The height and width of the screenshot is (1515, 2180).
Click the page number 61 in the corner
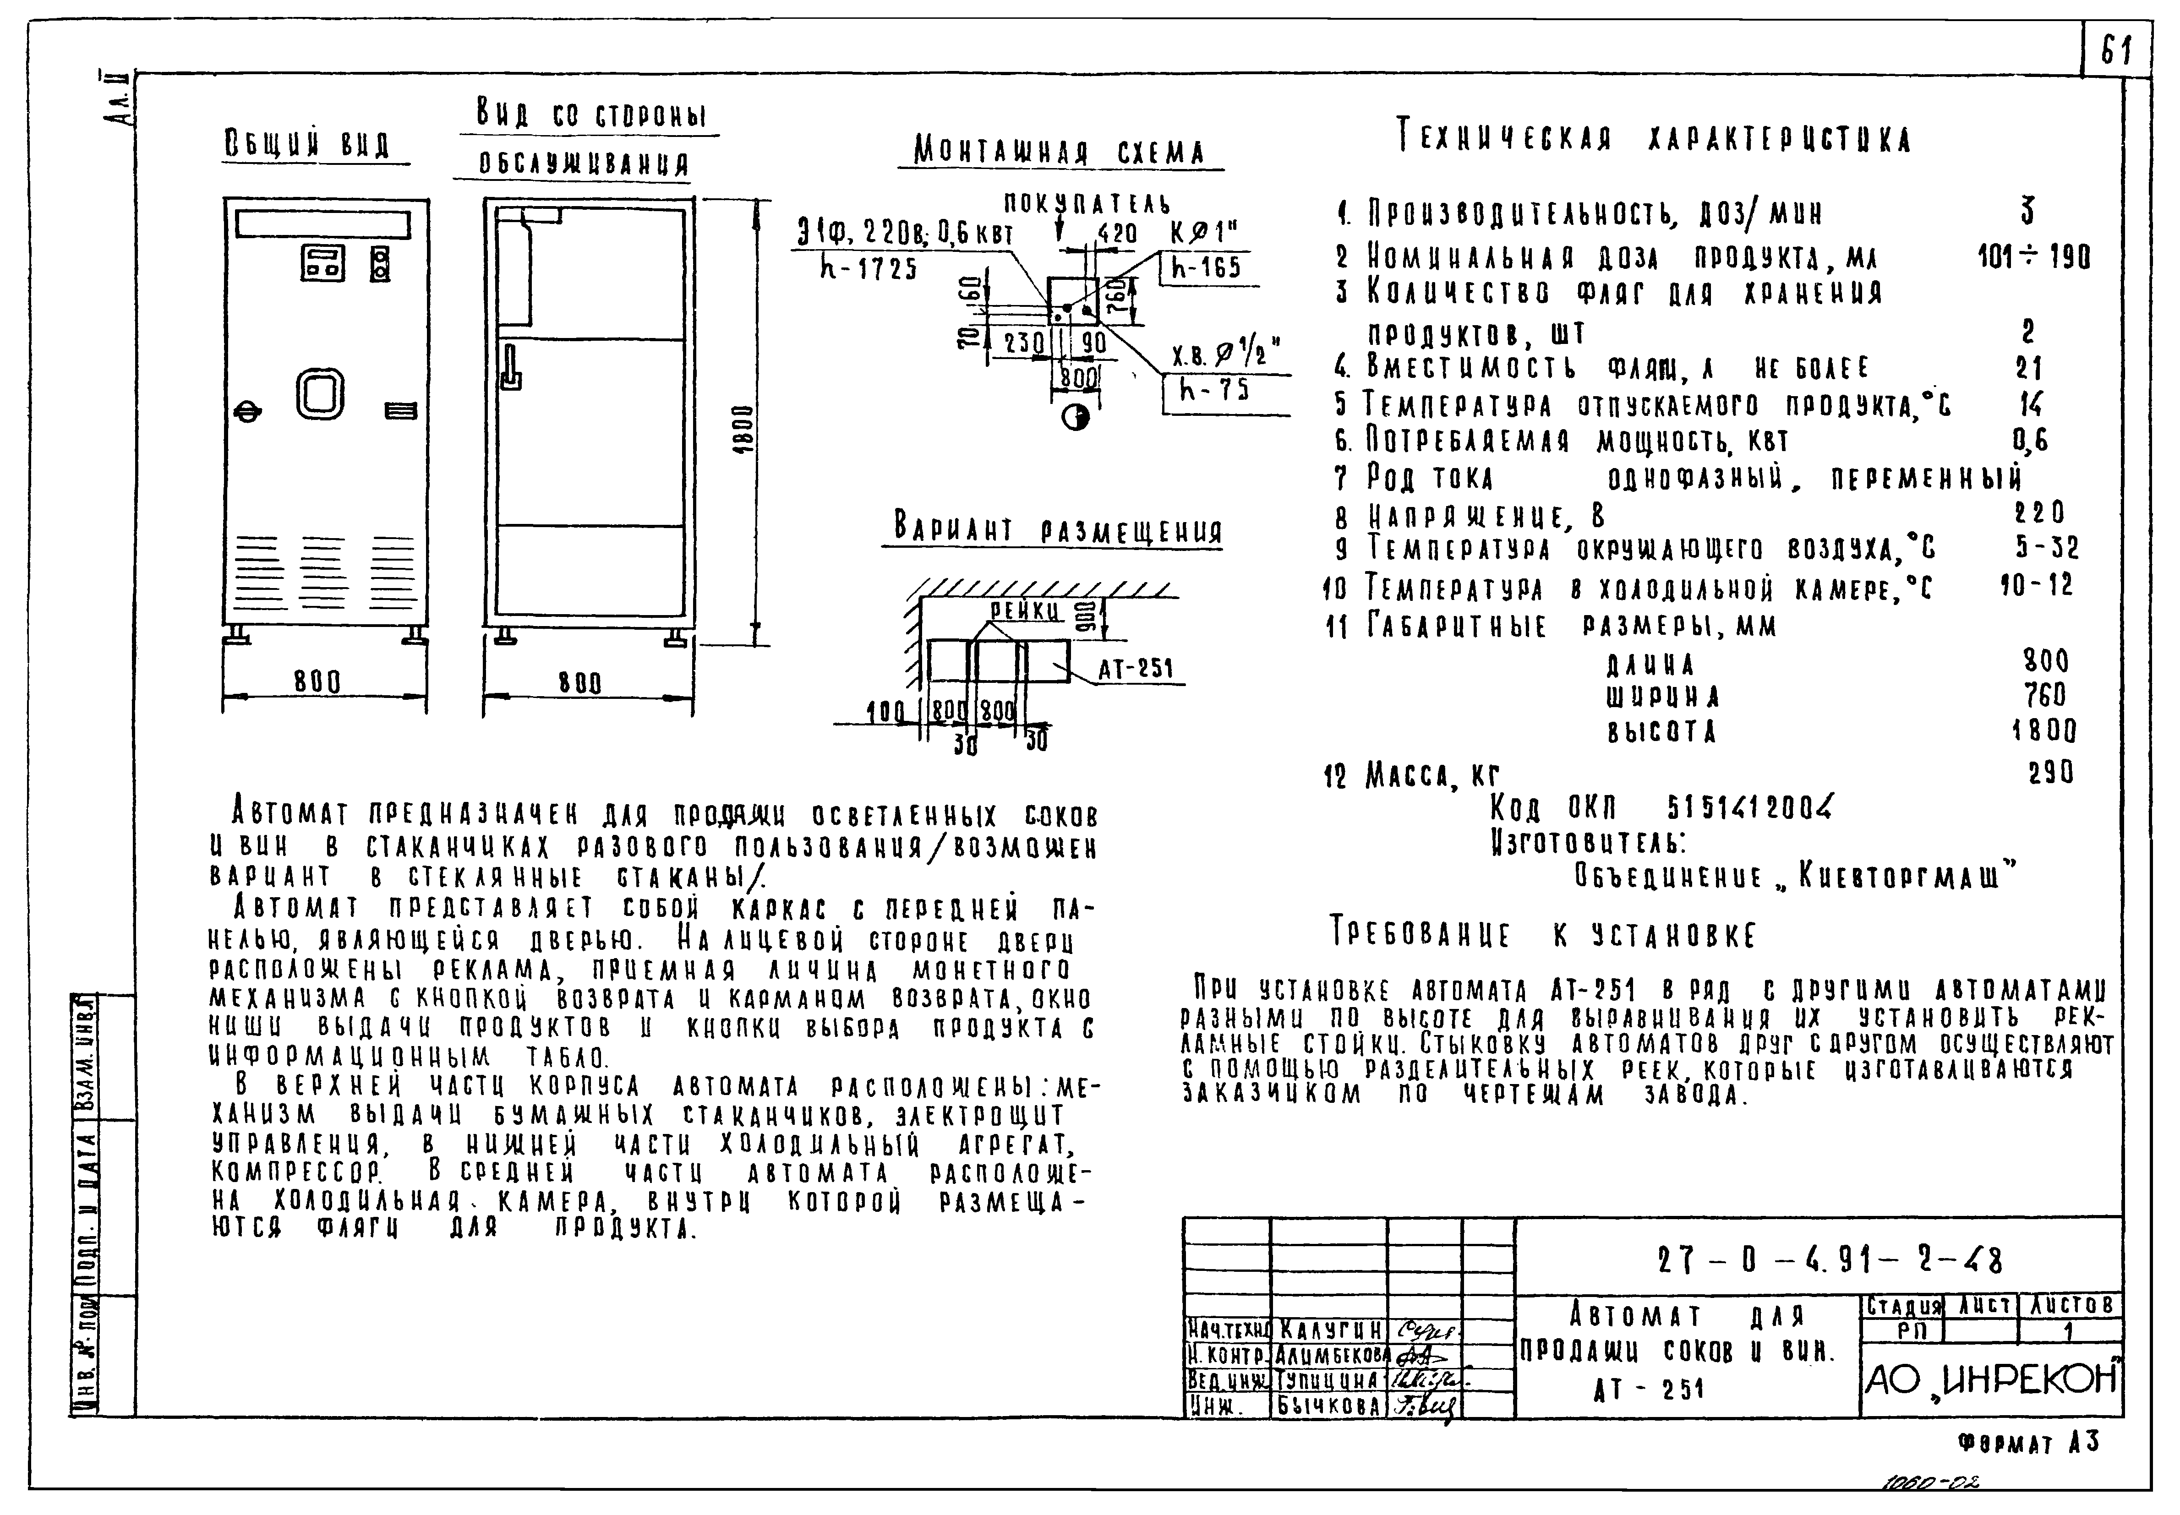coord(2115,49)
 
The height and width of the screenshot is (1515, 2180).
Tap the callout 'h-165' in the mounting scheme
coord(1206,267)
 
